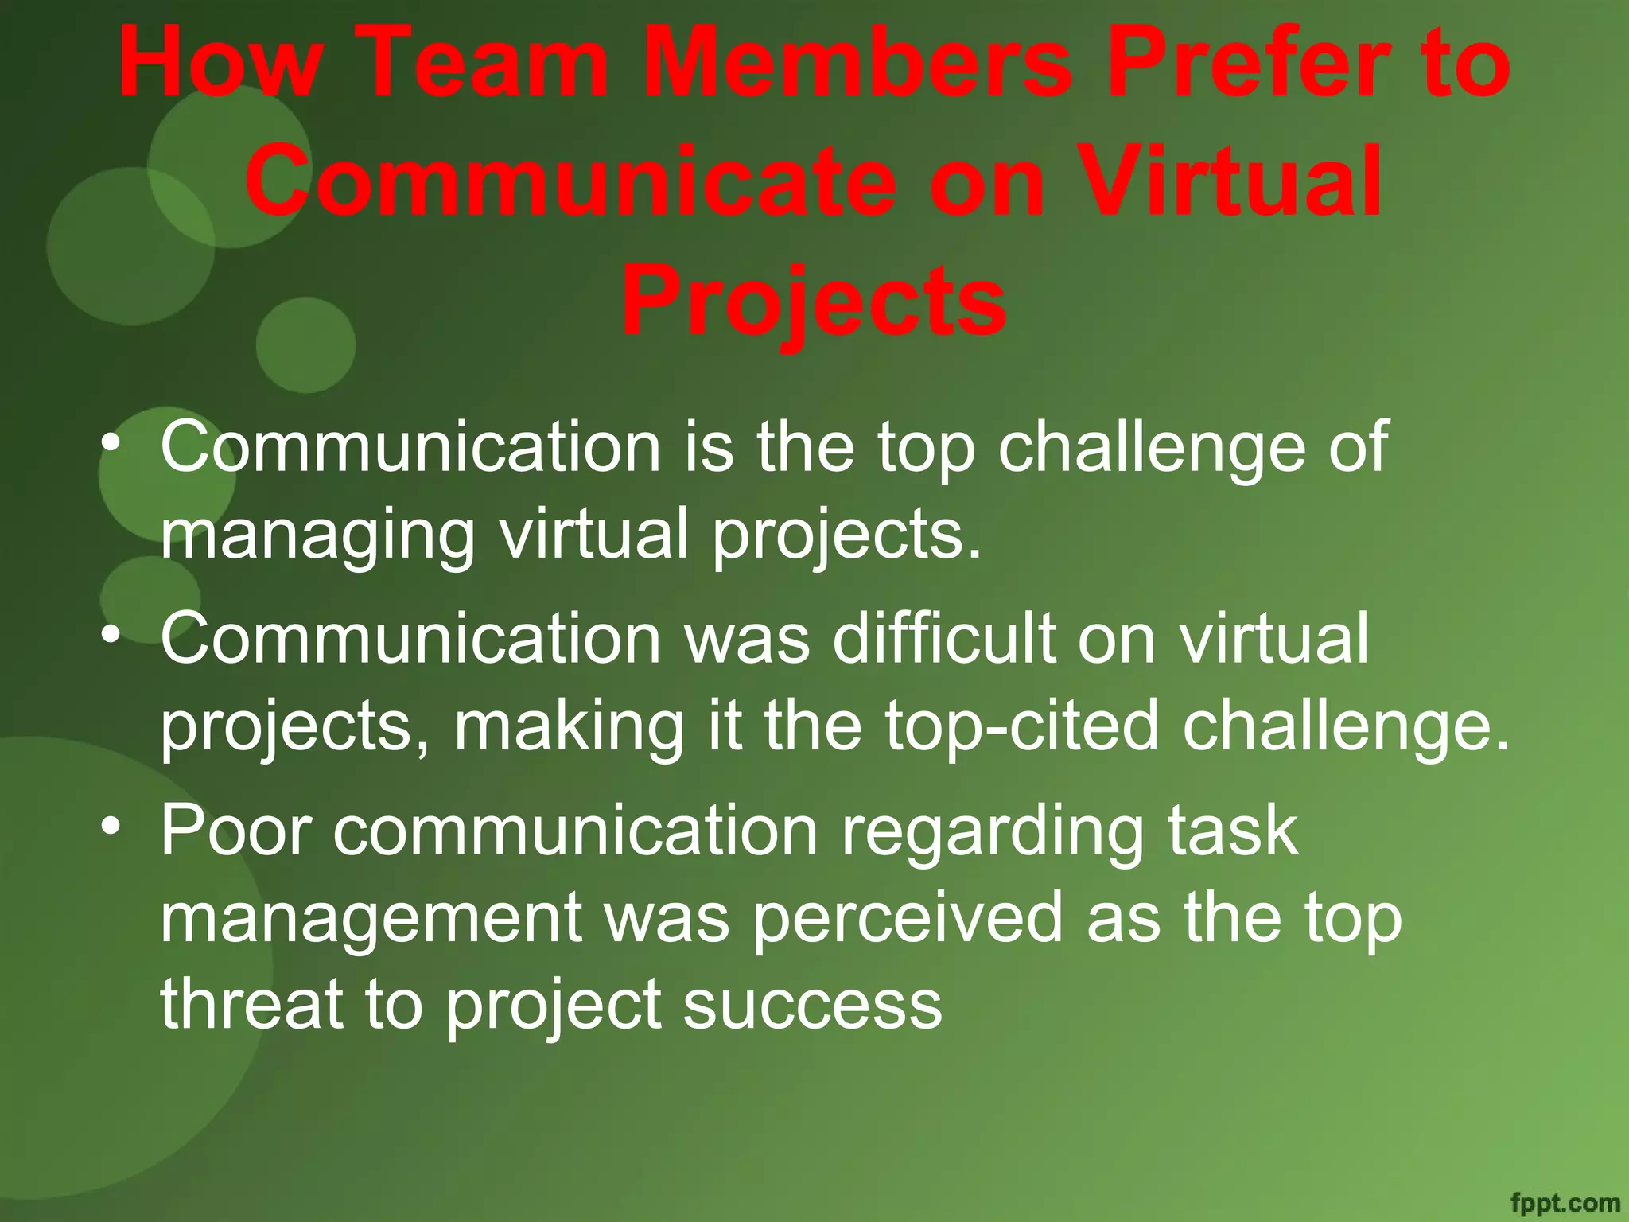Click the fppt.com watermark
[x=1565, y=1202]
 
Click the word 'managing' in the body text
[x=317, y=536]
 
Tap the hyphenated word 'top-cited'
[x=1022, y=726]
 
